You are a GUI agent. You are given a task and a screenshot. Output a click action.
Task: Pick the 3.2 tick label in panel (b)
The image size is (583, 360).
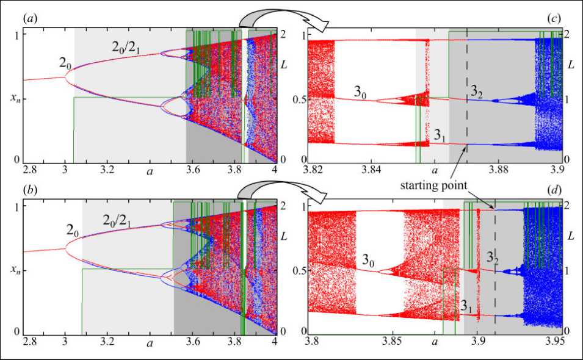[107, 340]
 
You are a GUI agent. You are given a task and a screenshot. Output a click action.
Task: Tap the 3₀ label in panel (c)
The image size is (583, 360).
[362, 92]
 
